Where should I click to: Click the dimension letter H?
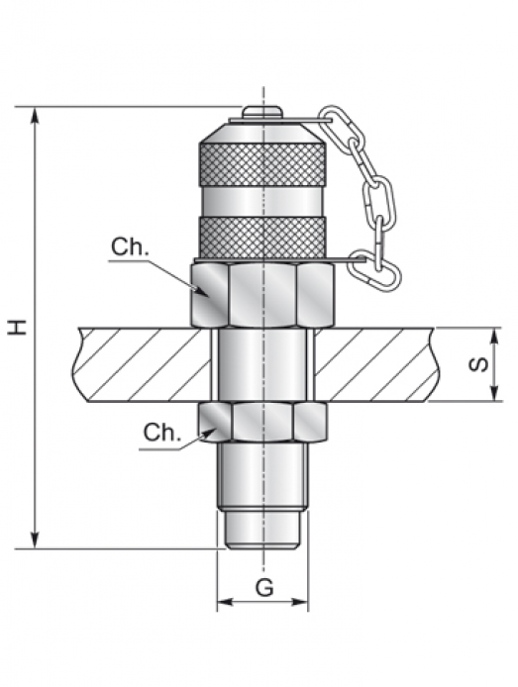pos(18,328)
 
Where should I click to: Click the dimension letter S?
pos(478,364)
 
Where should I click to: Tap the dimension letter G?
pos(264,588)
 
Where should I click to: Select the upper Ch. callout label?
pos(130,247)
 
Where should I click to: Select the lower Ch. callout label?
pos(161,433)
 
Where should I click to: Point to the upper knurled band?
pos(262,164)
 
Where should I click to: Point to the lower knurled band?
pos(262,237)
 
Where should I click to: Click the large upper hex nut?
pos(262,295)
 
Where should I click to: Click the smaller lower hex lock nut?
pos(262,422)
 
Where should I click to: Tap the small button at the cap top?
pos(262,111)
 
